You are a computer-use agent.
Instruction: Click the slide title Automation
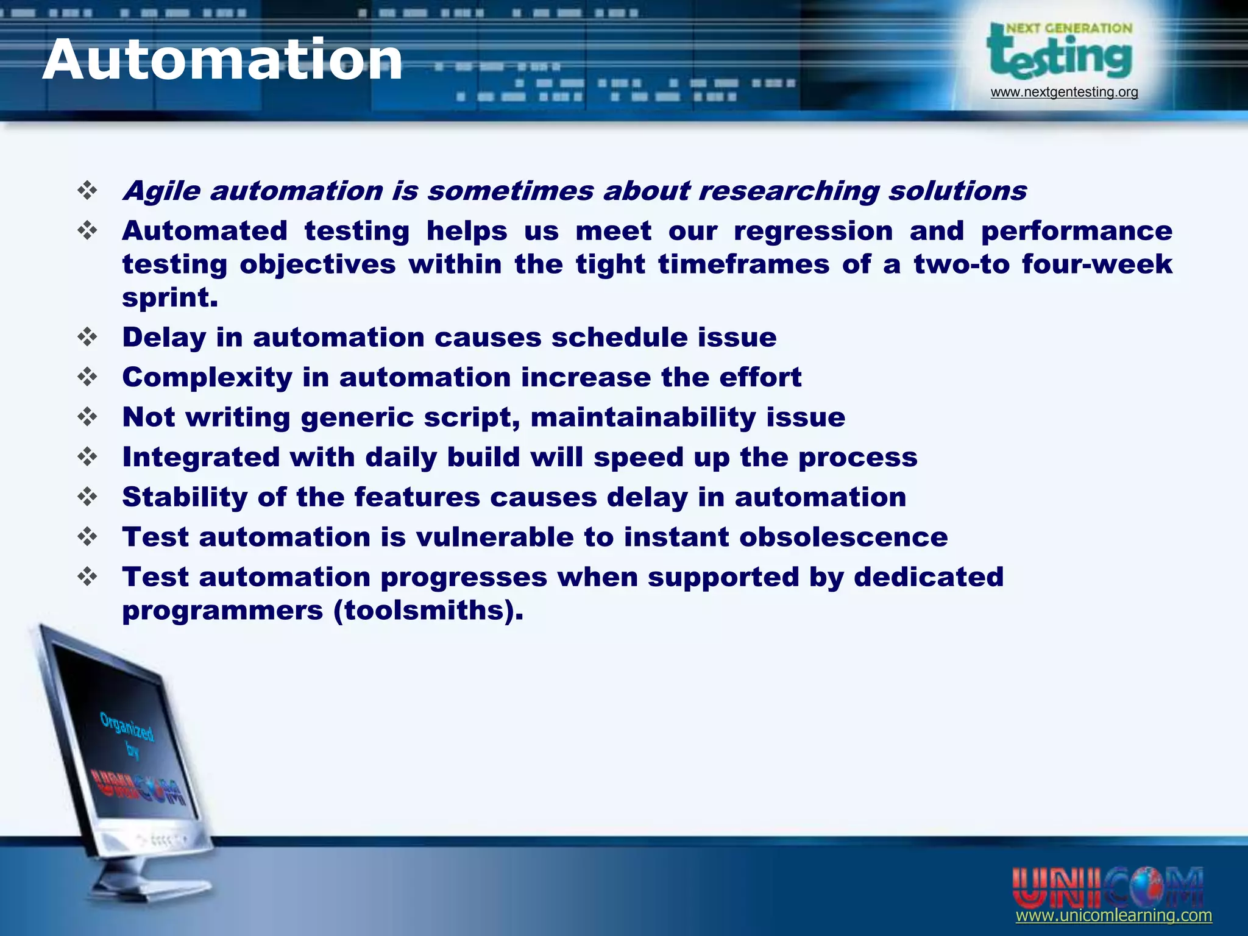tap(222, 60)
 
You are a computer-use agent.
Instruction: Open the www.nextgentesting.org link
tap(1064, 92)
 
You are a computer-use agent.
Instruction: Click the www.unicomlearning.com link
tap(1113, 915)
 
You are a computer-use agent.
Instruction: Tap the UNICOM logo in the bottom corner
tap(1107, 887)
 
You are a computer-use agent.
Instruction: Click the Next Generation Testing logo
tap(1060, 52)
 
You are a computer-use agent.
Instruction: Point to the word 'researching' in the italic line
tap(789, 191)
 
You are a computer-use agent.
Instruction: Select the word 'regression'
tap(813, 232)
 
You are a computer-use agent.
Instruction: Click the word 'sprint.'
tap(170, 298)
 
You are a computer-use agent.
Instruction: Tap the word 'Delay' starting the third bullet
tap(164, 338)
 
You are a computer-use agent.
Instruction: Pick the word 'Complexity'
tap(207, 378)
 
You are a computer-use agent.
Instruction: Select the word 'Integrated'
tap(201, 458)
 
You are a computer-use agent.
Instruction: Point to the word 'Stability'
tap(185, 497)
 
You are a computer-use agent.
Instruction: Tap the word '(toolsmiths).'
tap(428, 611)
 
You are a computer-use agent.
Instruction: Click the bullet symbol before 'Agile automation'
tap(88, 191)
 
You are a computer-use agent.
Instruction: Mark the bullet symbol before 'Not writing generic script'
tap(88, 417)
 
